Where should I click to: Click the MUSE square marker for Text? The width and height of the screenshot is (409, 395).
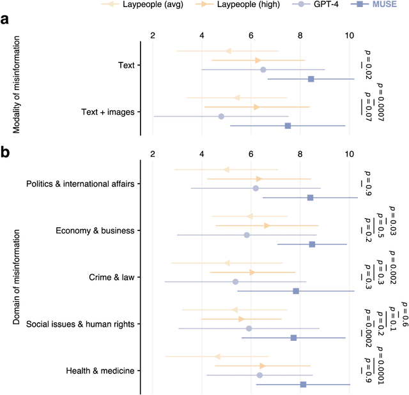[311, 79]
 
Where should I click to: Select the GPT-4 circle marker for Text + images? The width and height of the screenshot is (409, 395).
[221, 117]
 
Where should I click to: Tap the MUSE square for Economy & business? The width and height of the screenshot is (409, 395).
[312, 244]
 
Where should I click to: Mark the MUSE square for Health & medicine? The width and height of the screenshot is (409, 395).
[303, 384]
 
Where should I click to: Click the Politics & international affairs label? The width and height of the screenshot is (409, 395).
[80, 184]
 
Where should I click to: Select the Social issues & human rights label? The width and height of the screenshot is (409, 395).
[80, 324]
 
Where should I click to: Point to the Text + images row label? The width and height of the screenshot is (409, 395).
[108, 112]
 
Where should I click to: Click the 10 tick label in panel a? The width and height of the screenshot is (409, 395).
[349, 36]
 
